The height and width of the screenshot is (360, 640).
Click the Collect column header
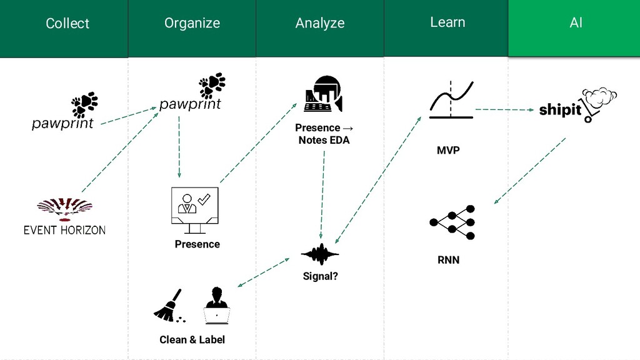pos(67,24)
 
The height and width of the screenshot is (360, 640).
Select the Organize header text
pos(192,23)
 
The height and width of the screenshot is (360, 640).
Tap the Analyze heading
pos(319,23)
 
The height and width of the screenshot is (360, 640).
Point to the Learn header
pos(447,22)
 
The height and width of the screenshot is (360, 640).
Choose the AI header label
pos(576,23)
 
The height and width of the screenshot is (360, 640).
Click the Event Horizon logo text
pos(64,230)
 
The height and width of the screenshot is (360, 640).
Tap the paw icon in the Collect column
pos(84,104)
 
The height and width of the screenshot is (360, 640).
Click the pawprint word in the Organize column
pos(190,104)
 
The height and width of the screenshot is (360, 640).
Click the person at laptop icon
pos(217,306)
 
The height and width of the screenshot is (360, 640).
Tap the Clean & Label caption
pos(192,339)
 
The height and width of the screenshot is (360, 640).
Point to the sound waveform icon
pos(320,254)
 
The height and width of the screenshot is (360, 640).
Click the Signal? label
pos(320,275)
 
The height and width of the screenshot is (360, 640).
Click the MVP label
pos(448,150)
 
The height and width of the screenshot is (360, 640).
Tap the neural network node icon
pos(453,222)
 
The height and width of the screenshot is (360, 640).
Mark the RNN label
pos(448,259)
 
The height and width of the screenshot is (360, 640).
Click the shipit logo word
pos(560,110)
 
